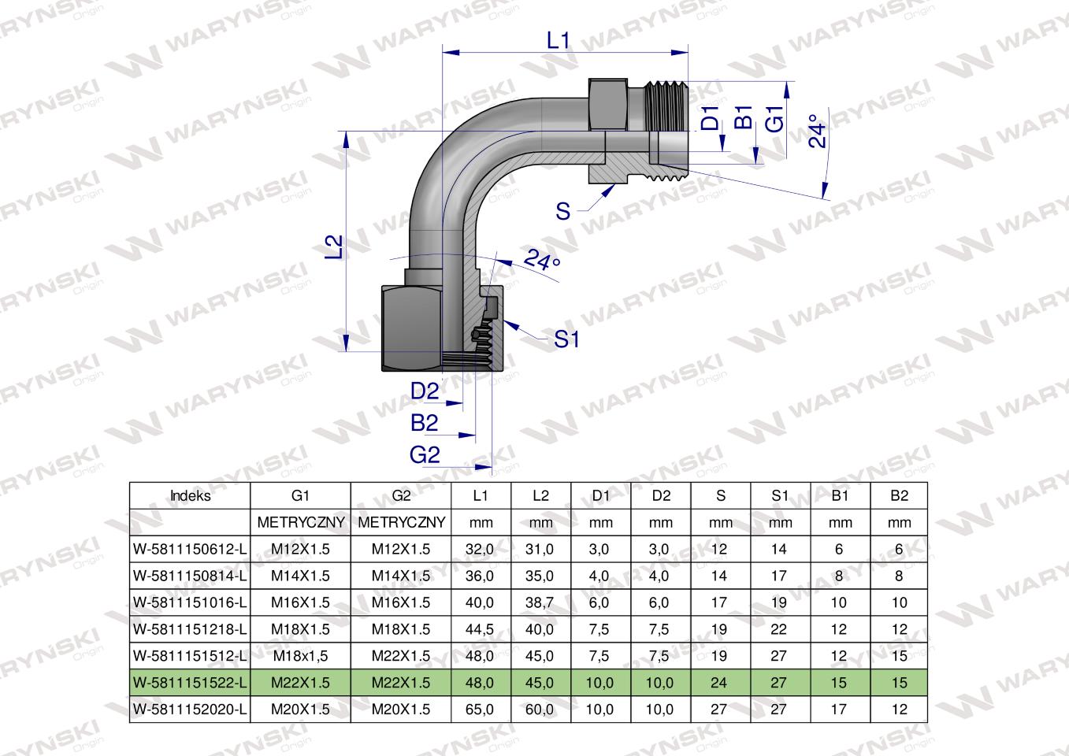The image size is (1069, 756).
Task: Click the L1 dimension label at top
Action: [558, 40]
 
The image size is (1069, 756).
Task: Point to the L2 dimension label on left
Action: [336, 246]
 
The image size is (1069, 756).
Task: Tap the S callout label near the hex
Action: [562, 211]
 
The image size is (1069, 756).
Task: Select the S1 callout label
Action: [566, 339]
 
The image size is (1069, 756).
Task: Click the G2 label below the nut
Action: [424, 454]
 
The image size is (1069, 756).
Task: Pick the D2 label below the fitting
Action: [424, 391]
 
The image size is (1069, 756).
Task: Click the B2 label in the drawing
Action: [424, 423]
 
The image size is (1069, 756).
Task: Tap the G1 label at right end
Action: [776, 118]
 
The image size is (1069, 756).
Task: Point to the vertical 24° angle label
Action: [818, 132]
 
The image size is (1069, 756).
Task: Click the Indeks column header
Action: [190, 496]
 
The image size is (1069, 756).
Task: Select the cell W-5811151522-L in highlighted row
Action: [190, 683]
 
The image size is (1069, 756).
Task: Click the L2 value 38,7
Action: [540, 602]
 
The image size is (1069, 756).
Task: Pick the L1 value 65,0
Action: [481, 710]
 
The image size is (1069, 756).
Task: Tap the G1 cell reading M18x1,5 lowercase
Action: [300, 656]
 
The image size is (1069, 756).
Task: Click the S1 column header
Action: [780, 496]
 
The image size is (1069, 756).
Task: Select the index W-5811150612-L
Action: [190, 550]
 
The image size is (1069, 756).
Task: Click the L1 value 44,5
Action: [481, 629]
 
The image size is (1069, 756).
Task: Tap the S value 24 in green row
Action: [719, 683]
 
